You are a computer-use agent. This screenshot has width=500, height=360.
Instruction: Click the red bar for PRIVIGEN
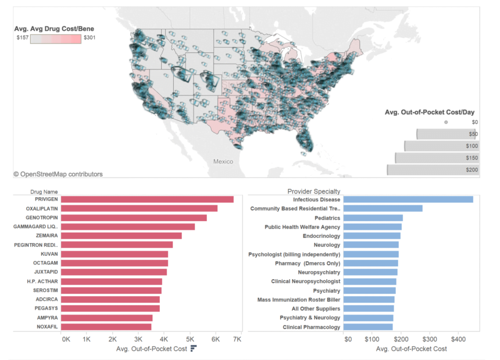point(147,199)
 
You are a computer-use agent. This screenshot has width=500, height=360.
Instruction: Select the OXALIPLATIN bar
point(139,208)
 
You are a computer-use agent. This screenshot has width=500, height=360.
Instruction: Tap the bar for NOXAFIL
point(106,327)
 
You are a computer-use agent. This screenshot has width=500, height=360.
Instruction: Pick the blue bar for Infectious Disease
point(408,199)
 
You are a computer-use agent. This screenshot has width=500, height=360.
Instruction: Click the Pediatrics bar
point(373,218)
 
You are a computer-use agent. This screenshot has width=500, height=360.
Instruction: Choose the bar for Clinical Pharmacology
point(368,327)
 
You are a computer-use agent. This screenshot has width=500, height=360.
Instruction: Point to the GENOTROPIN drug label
point(42,218)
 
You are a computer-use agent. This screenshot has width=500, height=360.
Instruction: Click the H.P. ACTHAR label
point(42,281)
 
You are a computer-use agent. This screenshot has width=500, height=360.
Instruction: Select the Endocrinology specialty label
point(322,236)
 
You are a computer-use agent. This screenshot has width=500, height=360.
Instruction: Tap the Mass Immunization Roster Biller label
point(299,300)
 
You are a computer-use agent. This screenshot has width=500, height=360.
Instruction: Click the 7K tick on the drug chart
point(237,338)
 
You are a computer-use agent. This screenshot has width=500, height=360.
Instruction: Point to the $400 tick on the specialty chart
point(458,338)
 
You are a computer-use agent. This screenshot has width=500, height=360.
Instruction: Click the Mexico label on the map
point(223,161)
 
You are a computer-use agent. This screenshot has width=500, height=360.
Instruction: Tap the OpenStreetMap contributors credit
point(58,174)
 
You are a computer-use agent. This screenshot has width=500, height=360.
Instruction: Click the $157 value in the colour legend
point(23,38)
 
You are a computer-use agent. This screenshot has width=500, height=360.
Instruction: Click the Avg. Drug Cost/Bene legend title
point(54,28)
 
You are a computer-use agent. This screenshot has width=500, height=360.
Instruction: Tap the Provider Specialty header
point(314,191)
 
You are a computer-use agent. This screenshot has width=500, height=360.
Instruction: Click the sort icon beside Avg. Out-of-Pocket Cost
point(194,348)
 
